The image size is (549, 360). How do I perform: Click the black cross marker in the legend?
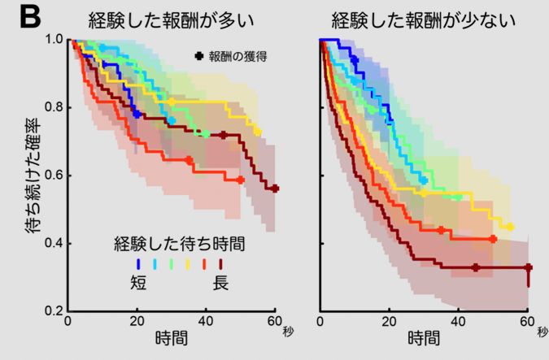point(199,56)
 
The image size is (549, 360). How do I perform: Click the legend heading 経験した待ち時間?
point(180,243)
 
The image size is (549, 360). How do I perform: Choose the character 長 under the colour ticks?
point(220,283)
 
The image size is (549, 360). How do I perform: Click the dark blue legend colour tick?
point(138,263)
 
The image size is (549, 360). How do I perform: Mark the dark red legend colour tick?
point(220,263)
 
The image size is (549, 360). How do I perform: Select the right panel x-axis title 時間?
point(424,336)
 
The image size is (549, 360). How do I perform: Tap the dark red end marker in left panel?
point(275,189)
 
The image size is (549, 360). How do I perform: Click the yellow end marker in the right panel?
point(510,227)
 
